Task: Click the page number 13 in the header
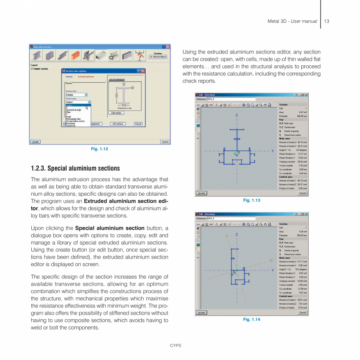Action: coord(327,21)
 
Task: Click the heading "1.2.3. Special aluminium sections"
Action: coord(75,168)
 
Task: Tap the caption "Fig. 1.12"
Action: coord(99,149)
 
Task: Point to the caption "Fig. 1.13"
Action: coord(251,200)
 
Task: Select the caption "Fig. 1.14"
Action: coord(251,320)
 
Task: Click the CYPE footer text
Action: coord(175,346)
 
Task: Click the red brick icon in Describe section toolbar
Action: coord(76,56)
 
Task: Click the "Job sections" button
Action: coord(118,124)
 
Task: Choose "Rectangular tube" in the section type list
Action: coord(73,119)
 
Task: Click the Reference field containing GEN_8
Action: coord(231,99)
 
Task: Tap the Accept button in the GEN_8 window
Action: coord(201,193)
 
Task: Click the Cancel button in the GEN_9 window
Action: coord(302,313)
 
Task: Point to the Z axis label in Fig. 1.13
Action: coord(236,115)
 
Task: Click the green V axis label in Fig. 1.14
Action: coord(227,236)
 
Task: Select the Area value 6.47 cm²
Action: coord(303,112)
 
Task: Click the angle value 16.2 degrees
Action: coord(301,269)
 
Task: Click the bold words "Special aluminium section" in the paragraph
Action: coord(110,228)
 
